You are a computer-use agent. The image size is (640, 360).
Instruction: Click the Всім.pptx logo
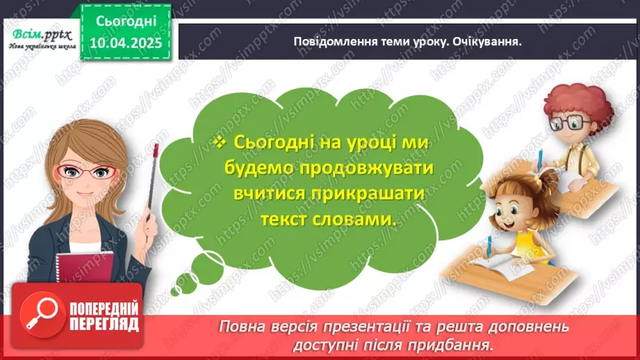click(40, 33)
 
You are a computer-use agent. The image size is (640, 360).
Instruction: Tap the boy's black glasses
click(571, 123)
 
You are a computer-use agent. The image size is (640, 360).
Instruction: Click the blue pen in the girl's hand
click(490, 247)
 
